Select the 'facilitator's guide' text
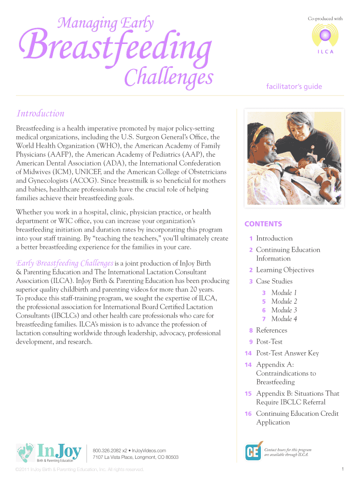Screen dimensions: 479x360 point(294,87)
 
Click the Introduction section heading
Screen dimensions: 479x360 point(40,114)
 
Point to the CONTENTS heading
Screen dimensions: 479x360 point(263,224)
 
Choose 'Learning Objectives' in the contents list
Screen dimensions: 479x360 point(285,270)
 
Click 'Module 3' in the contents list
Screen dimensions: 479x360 point(284,310)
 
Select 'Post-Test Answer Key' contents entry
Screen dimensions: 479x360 point(287,353)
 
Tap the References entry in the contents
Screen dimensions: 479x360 point(272,330)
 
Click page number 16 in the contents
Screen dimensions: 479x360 point(248,414)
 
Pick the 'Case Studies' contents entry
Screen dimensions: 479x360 point(274,281)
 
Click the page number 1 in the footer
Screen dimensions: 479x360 point(343,469)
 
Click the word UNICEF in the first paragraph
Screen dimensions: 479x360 point(87,172)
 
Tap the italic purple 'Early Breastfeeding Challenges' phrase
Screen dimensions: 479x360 point(65,263)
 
